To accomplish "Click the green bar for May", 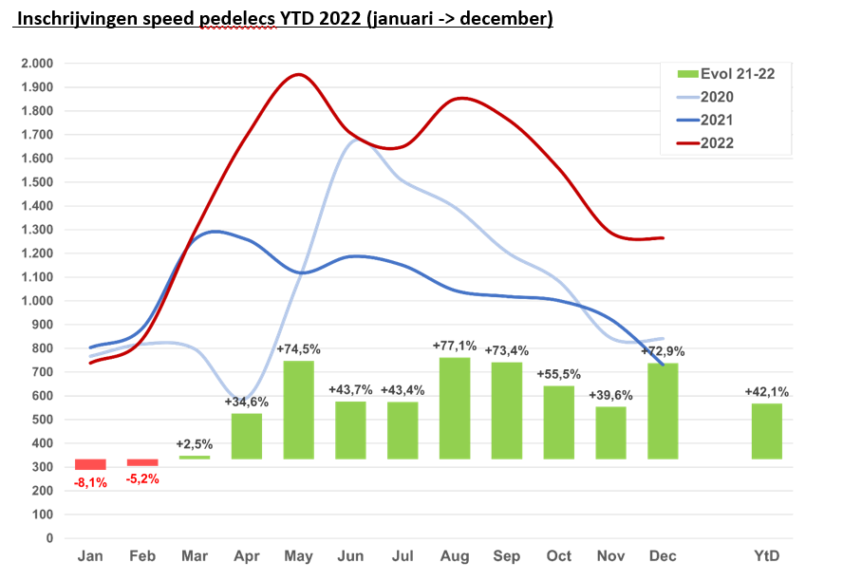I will [x=298, y=410].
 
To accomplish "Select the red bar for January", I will [x=90, y=464].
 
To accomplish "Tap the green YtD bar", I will [x=766, y=431].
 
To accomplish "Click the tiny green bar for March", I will [x=195, y=458].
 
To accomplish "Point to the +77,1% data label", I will [x=454, y=346].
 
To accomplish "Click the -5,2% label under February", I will [x=142, y=479].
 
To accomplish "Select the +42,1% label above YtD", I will [x=766, y=391].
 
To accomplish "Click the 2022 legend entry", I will [x=717, y=143].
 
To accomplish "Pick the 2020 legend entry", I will [x=717, y=97].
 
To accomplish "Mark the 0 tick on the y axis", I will [x=48, y=538].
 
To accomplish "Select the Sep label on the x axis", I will [x=506, y=556].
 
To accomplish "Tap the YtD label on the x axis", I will [x=766, y=556].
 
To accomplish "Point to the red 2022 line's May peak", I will [x=299, y=74].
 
